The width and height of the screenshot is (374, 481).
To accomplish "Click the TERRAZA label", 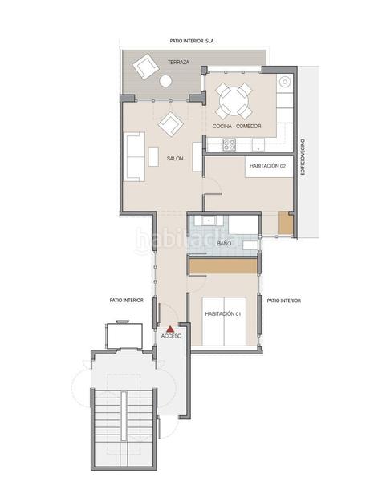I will click(177, 62).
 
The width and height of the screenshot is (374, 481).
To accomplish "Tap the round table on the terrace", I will click(166, 81).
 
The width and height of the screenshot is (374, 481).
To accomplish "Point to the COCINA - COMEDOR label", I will click(237, 126).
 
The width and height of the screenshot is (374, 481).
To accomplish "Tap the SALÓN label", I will click(175, 158).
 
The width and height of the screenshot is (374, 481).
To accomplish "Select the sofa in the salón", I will click(135, 152).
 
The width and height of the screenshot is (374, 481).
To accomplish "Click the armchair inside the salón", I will click(170, 123).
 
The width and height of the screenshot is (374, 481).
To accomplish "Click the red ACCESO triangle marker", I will click(170, 328).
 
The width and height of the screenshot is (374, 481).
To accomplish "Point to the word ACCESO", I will click(171, 337).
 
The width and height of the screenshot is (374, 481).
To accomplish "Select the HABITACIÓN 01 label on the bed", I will click(223, 313).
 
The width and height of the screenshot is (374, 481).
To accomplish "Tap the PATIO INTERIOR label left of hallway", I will click(127, 301).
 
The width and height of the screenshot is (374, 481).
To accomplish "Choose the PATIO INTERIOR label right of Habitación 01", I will click(284, 301).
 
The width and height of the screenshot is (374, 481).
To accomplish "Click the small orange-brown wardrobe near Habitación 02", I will click(284, 224).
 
